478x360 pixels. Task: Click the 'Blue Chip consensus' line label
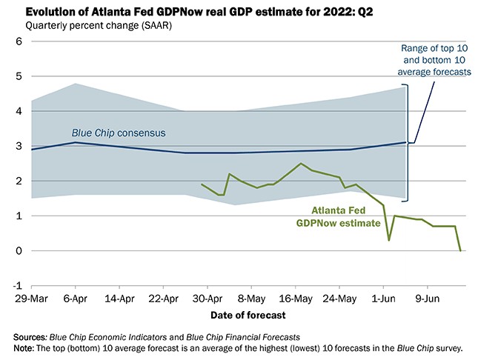119,133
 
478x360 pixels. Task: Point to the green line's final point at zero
461,250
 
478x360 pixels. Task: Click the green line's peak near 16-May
300,164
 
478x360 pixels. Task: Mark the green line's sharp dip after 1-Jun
389,240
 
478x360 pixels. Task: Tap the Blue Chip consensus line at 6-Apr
74,142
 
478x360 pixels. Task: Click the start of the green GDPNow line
202,184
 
